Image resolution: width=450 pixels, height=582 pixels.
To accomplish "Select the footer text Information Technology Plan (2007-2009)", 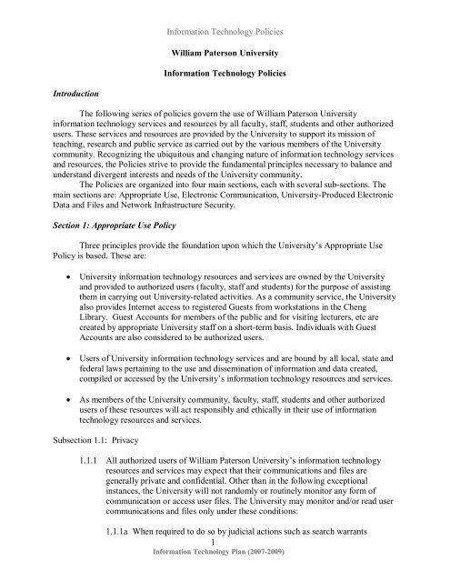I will point(225,577).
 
